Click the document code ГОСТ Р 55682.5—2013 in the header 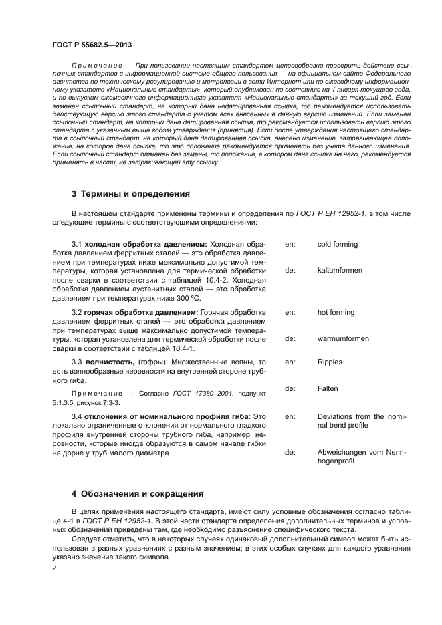coord(91,45)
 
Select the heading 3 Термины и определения coord(130,194)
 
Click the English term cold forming coord(337,245)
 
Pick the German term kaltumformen coord(340,271)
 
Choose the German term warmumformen coord(342,338)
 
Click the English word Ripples coord(330,362)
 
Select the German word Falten coord(328,388)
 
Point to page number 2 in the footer coord(54,568)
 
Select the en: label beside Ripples coord(290,362)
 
